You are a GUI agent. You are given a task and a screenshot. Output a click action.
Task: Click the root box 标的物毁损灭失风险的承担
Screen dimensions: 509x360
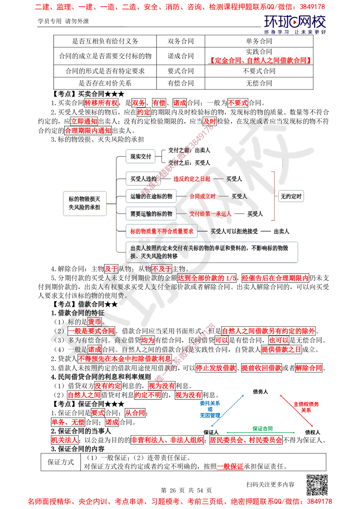(85, 203)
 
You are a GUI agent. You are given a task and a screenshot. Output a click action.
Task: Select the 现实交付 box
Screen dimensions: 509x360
(141, 157)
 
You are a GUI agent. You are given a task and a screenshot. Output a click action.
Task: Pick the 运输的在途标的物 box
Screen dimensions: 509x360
(151, 197)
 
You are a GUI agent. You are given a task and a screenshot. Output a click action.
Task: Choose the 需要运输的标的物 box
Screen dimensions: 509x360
(151, 214)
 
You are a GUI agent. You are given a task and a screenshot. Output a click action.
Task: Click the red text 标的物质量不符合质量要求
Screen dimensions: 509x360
(162, 231)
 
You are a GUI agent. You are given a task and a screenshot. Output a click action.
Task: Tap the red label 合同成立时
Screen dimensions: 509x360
(202, 197)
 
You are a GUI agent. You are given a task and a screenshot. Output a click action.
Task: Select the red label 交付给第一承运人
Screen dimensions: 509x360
(210, 214)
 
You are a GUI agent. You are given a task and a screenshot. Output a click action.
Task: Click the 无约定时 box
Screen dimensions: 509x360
(291, 197)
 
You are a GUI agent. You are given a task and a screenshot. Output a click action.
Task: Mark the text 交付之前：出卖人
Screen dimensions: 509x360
(189, 150)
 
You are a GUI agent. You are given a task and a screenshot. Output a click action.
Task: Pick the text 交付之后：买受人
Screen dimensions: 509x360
(189, 163)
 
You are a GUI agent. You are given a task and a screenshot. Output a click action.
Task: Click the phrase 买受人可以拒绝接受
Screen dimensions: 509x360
(234, 231)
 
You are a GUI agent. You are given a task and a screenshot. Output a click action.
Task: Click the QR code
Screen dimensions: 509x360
(316, 485)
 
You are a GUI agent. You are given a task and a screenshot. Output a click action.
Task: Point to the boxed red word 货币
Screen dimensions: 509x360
(95, 321)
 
